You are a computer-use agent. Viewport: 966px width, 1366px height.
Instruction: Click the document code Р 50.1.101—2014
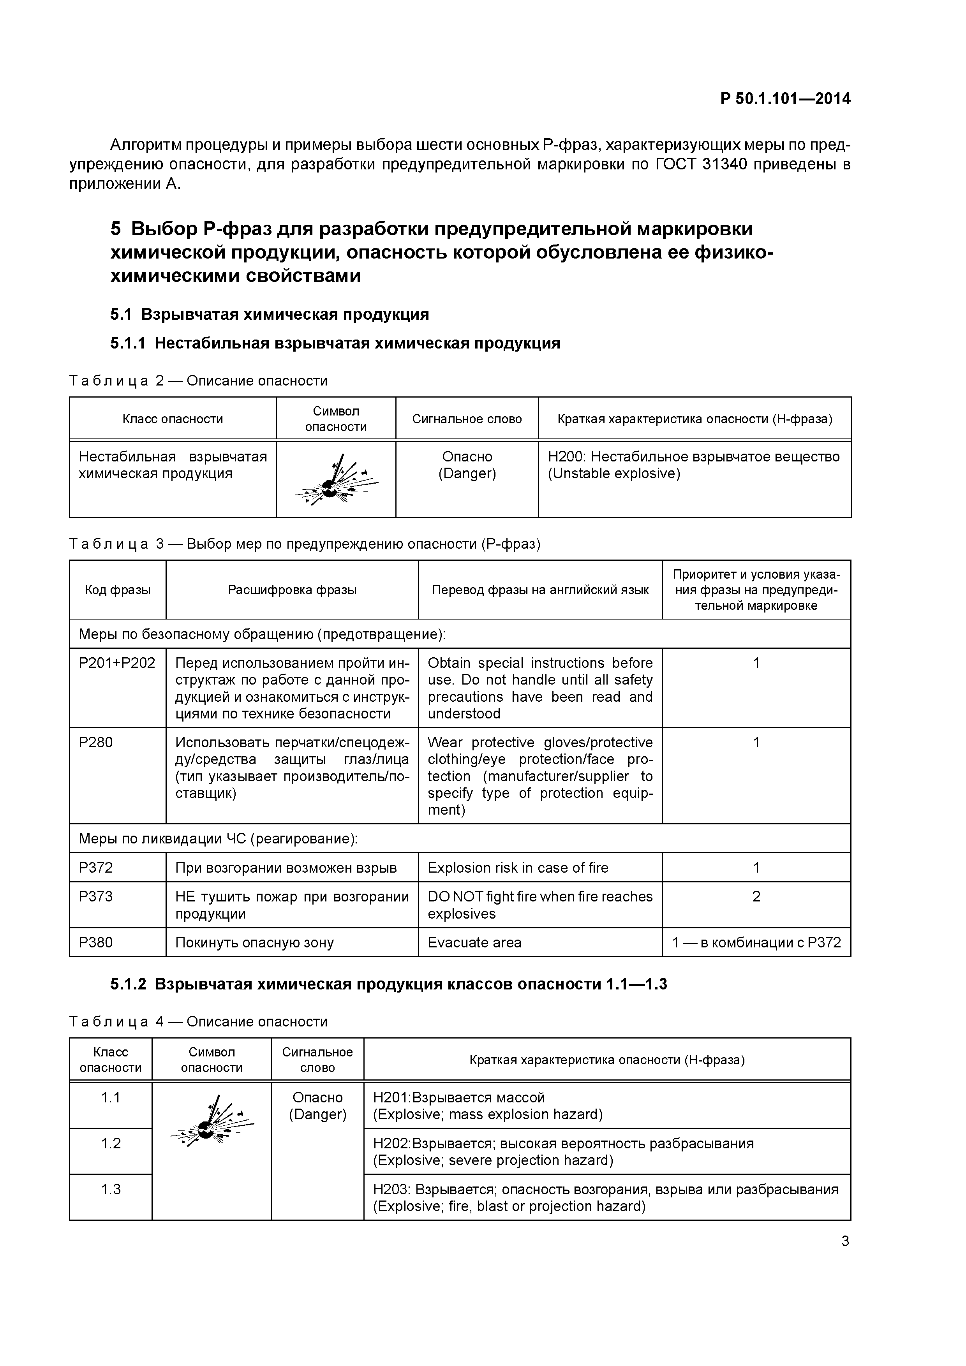(785, 99)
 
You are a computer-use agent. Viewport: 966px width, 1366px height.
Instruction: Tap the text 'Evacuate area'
(474, 942)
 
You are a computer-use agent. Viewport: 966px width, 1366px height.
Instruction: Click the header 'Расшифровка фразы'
(292, 590)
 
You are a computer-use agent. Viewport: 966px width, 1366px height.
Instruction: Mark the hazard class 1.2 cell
(111, 1143)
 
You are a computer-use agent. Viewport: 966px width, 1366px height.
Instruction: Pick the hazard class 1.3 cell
(111, 1189)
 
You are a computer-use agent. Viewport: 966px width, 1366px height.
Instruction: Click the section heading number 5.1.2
(128, 984)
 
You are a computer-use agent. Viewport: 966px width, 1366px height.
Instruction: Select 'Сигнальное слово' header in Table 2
(467, 419)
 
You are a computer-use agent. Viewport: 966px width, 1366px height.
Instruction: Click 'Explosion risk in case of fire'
(518, 868)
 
